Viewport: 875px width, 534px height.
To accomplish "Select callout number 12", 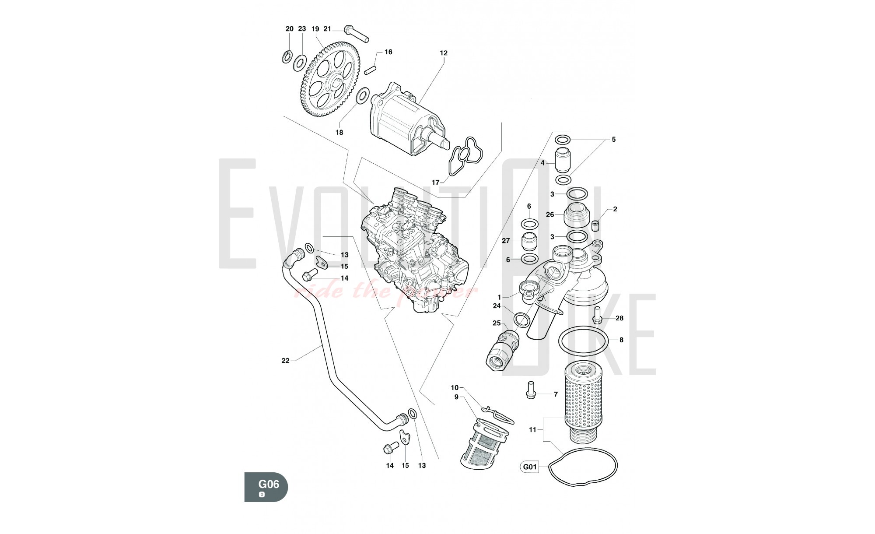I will [x=444, y=53].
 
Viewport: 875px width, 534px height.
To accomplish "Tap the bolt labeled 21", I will [x=357, y=34].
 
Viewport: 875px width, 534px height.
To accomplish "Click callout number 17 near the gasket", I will [x=435, y=183].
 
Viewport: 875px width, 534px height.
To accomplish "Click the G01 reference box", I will [x=530, y=467].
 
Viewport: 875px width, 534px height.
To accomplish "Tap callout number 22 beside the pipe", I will [x=285, y=361].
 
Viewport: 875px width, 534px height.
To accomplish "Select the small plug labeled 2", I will [x=595, y=226].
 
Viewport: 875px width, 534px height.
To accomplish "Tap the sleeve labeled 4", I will [x=563, y=161].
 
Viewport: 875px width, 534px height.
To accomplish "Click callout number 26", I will [x=550, y=214].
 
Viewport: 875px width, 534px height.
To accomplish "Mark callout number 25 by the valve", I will [x=497, y=323].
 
